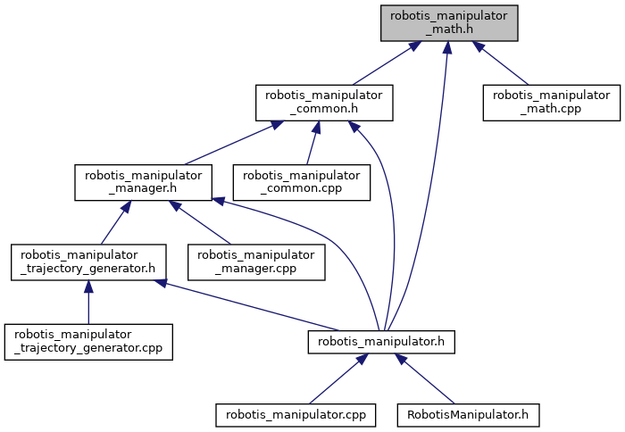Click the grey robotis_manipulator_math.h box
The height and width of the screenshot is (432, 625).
pos(449,23)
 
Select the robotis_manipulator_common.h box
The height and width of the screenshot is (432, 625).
pos(324,103)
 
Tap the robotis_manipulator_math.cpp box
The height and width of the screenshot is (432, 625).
pos(552,103)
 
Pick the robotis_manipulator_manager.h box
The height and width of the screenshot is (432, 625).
pos(143,182)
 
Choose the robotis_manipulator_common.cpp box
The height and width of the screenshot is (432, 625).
pos(302,182)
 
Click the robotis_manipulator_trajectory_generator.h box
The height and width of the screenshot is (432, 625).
pos(88,262)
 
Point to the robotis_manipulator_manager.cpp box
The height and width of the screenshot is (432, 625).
pos(256,262)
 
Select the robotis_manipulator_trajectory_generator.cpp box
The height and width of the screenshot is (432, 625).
pos(88,342)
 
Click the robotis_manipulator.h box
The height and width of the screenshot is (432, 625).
pos(381,342)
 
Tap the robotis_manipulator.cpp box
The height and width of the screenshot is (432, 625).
pos(296,415)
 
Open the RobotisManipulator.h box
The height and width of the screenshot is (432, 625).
pos(468,415)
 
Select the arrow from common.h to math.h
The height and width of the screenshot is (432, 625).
pos(387,63)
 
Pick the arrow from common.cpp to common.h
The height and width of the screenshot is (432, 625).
pos(312,143)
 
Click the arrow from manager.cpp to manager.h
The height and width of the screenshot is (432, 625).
pos(200,222)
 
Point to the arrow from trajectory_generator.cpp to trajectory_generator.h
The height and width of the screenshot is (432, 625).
pos(88,302)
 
